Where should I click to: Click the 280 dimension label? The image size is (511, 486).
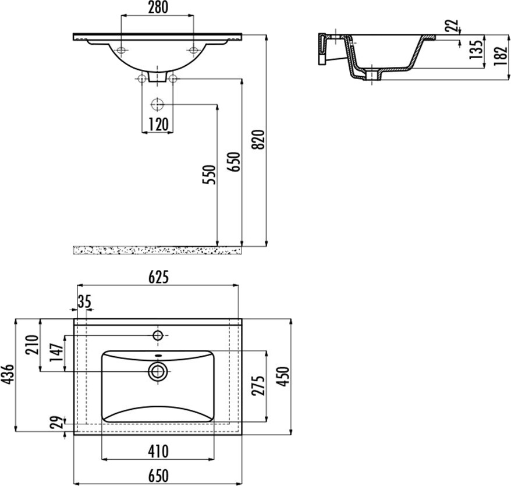pyautogui.click(x=158, y=8)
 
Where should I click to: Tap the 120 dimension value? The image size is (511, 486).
pyautogui.click(x=158, y=125)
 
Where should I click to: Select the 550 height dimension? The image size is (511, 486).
pyautogui.click(x=209, y=175)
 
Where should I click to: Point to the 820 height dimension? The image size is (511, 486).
pyautogui.click(x=260, y=140)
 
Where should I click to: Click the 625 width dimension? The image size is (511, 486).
pyautogui.click(x=159, y=278)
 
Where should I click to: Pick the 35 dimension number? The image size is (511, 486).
pyautogui.click(x=84, y=301)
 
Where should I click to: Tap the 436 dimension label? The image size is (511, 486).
pyautogui.click(x=8, y=374)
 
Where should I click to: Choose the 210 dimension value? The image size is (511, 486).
pyautogui.click(x=33, y=345)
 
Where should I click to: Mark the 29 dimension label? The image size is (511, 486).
pyautogui.click(x=56, y=423)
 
